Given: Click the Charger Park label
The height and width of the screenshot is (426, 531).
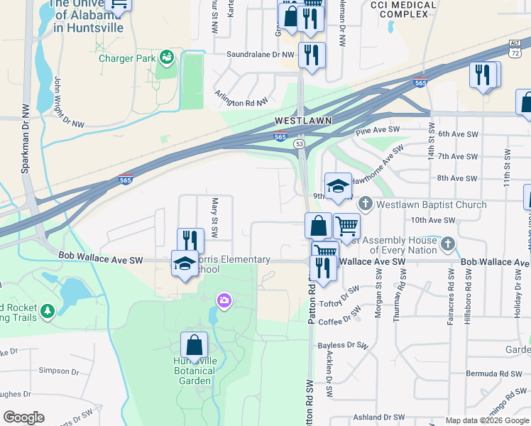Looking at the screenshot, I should click(127, 58).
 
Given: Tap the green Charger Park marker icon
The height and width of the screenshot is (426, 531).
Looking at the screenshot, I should click(167, 56).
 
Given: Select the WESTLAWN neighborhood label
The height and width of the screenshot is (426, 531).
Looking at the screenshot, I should click(304, 121).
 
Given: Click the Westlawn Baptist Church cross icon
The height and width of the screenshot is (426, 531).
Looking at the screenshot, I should click(366, 204).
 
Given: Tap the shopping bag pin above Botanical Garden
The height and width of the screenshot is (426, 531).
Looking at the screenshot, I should click(194, 346).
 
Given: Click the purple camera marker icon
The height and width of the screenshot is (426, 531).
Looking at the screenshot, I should click(224, 302).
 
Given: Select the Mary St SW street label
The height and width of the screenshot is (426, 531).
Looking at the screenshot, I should click(214, 218).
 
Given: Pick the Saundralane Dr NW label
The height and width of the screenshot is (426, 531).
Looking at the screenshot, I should click(260, 54).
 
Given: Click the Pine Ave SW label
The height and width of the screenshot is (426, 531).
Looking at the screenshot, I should click(378, 131).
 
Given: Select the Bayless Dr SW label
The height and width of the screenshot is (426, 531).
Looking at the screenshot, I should click(344, 346).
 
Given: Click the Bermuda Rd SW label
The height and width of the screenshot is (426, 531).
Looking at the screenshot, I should click(493, 373).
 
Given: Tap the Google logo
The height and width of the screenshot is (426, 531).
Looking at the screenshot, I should click(23, 417).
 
